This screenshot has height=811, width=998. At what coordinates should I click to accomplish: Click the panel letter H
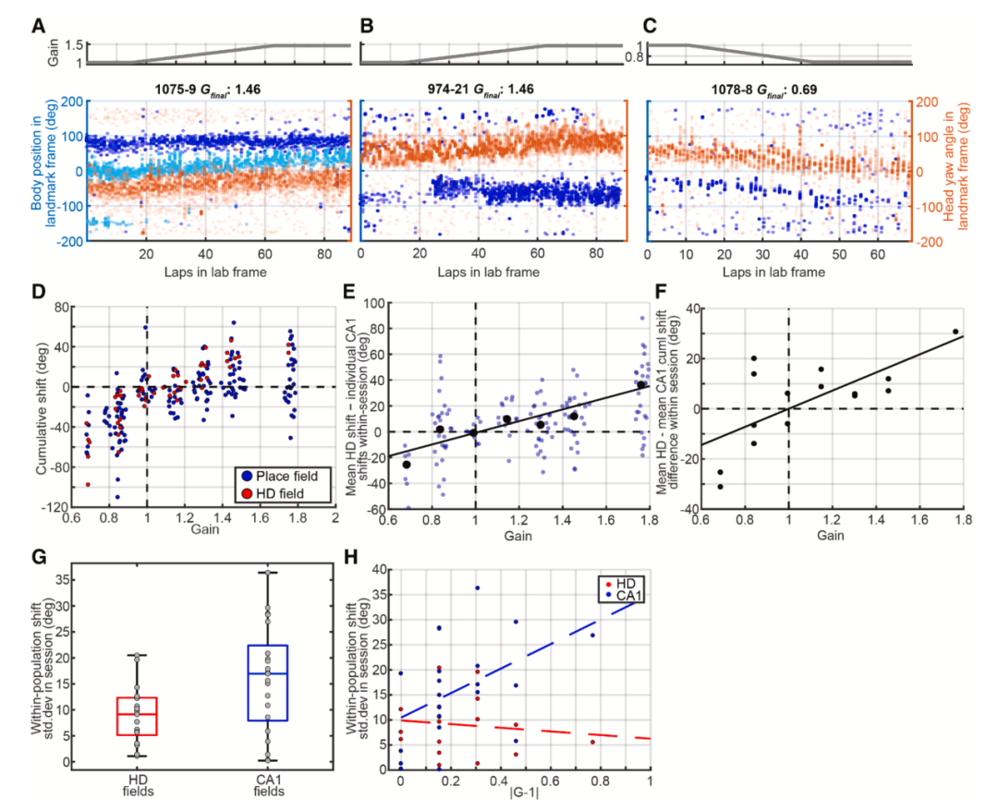pyautogui.click(x=351, y=557)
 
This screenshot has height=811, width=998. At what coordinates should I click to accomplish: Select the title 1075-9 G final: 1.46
pyautogui.click(x=208, y=90)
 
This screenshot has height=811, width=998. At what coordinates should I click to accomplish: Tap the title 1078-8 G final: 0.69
pyautogui.click(x=764, y=90)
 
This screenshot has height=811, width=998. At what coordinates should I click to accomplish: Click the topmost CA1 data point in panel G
pyautogui.click(x=268, y=573)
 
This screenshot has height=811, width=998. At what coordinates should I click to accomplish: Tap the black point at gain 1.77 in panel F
pyautogui.click(x=955, y=332)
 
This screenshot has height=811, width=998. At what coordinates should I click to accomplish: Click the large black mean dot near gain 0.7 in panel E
pyautogui.click(x=406, y=465)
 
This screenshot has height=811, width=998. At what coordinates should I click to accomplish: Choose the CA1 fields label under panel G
pyautogui.click(x=269, y=786)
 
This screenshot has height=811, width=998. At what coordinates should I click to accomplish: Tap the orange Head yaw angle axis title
pyautogui.click(x=955, y=170)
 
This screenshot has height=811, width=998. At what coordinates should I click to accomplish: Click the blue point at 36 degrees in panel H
pyautogui.click(x=477, y=587)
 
